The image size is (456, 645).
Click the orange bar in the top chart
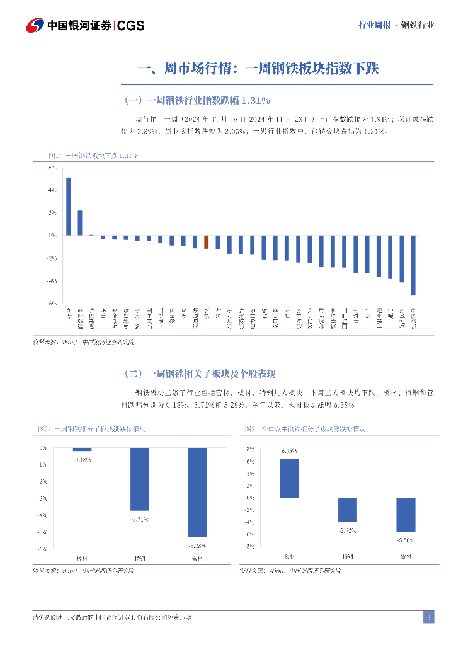(x=206, y=242)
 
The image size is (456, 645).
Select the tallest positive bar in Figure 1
(x=68, y=206)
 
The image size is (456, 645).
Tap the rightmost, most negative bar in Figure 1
(x=413, y=265)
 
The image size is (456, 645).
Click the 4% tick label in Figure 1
(x=52, y=190)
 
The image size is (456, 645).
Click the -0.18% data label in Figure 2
(x=82, y=460)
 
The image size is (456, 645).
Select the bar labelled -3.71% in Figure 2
(x=139, y=479)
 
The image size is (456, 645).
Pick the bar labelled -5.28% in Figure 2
(x=197, y=492)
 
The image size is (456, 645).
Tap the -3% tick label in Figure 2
(x=43, y=498)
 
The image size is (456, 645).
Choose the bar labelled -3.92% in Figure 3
(x=348, y=510)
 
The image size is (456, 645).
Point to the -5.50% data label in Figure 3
(x=406, y=540)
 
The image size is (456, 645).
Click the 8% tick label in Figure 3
(x=250, y=449)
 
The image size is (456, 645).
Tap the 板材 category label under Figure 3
(x=290, y=556)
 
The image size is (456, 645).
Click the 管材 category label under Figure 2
(x=197, y=558)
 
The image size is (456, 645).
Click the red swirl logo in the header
(x=35, y=25)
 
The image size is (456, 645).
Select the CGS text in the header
(x=131, y=26)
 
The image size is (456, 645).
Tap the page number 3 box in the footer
(x=428, y=617)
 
